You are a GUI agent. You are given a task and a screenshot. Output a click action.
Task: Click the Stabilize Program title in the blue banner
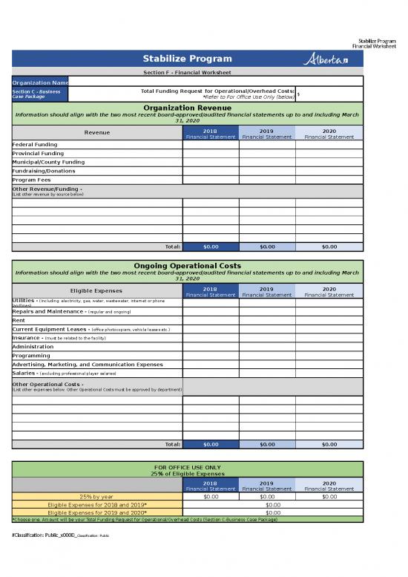187,59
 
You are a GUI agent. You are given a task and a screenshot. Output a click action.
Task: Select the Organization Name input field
215,81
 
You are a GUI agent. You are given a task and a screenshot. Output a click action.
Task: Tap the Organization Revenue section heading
187,108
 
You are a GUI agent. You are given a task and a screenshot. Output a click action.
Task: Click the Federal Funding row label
35,144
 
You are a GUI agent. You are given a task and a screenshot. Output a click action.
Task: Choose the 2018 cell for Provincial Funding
211,153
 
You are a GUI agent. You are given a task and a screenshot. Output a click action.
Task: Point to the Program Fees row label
32,180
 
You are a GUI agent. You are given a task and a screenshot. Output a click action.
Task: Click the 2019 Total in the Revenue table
267,247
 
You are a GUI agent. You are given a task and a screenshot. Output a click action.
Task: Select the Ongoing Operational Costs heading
187,265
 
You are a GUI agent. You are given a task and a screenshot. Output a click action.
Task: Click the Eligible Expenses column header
96,290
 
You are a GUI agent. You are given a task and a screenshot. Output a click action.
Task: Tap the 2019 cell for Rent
267,320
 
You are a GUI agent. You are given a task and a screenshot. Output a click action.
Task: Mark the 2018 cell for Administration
211,347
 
